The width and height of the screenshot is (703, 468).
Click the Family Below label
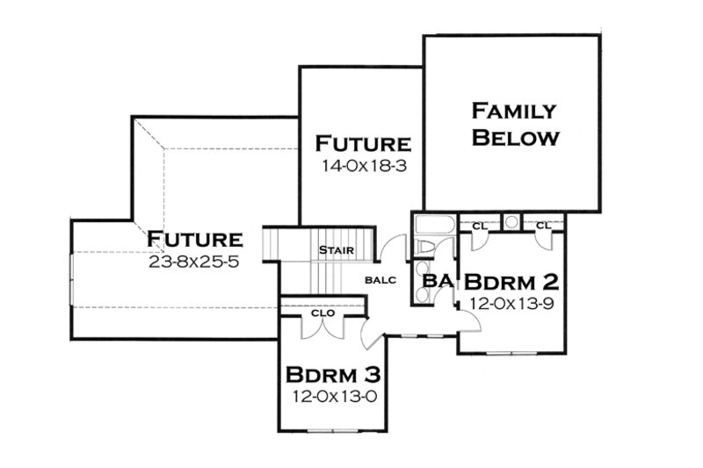coord(514,125)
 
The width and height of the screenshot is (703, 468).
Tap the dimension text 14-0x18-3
coord(364,163)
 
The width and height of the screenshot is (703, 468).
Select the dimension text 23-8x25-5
coord(194,260)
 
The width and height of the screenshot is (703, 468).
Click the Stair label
coord(337,250)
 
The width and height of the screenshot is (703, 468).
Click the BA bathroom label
coord(437,281)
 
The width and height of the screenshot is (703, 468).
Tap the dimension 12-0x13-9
coord(510,302)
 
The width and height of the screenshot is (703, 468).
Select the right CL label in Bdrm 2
coord(542,226)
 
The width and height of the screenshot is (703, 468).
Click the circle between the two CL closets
coord(511,220)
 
